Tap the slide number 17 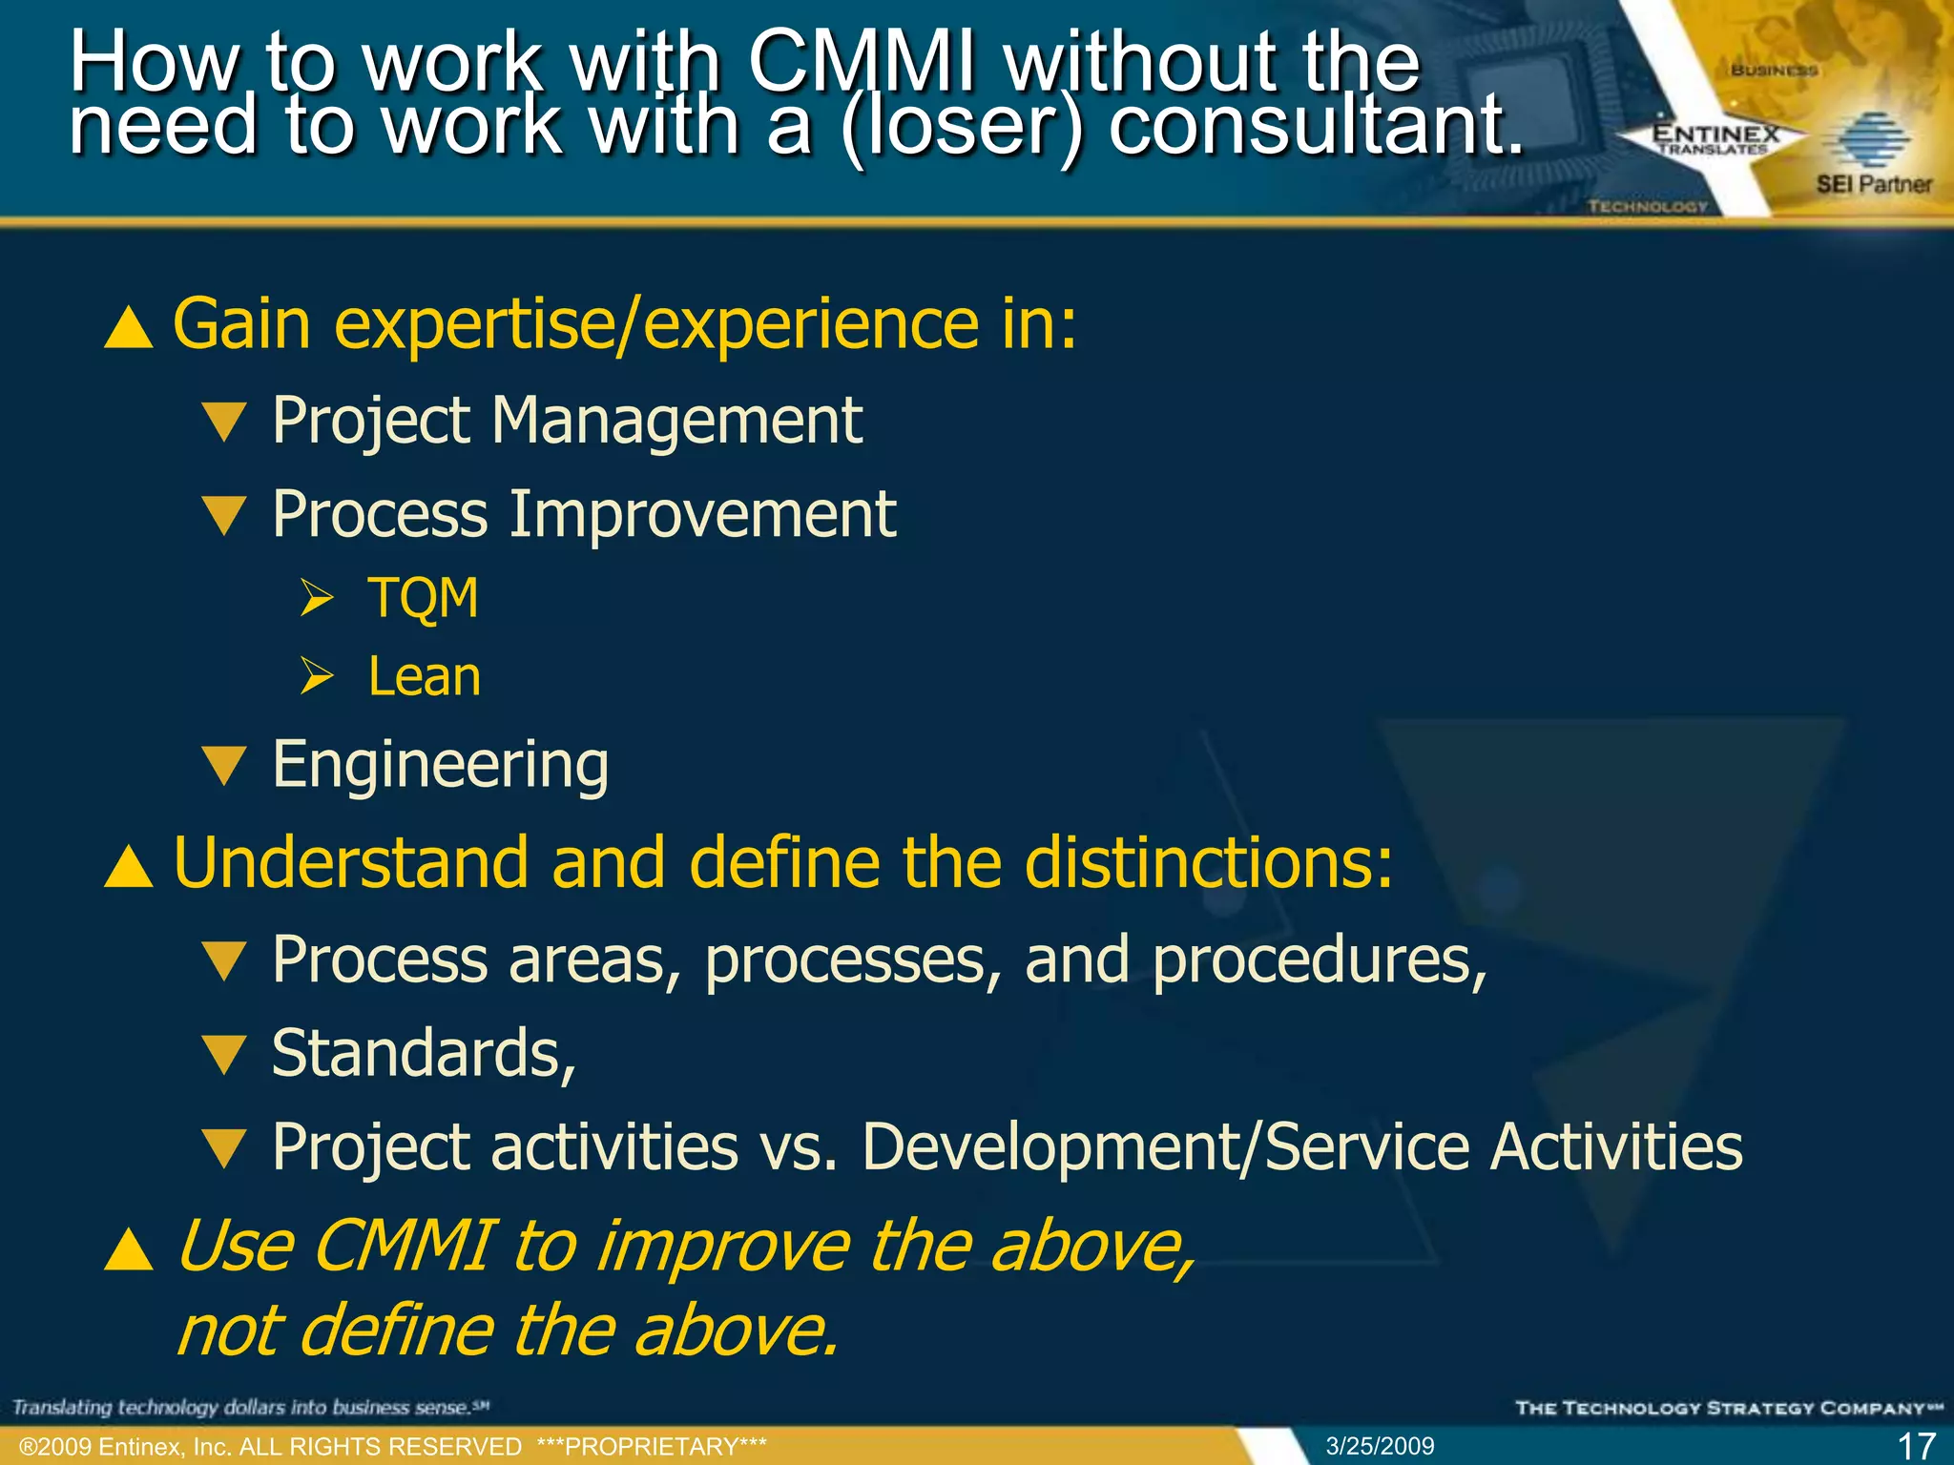coord(1916,1446)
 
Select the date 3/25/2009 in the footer coord(1380,1446)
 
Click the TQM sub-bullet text coord(423,599)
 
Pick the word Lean coord(425,677)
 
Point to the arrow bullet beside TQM coord(317,598)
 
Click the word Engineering coord(440,765)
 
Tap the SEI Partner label coord(1873,184)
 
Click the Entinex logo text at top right coord(1715,135)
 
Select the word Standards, coord(424,1054)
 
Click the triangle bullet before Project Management coord(225,422)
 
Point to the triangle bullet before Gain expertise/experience coord(129,327)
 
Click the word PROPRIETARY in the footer coord(652,1446)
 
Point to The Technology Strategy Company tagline coord(1728,1408)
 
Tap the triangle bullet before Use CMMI coord(129,1249)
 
